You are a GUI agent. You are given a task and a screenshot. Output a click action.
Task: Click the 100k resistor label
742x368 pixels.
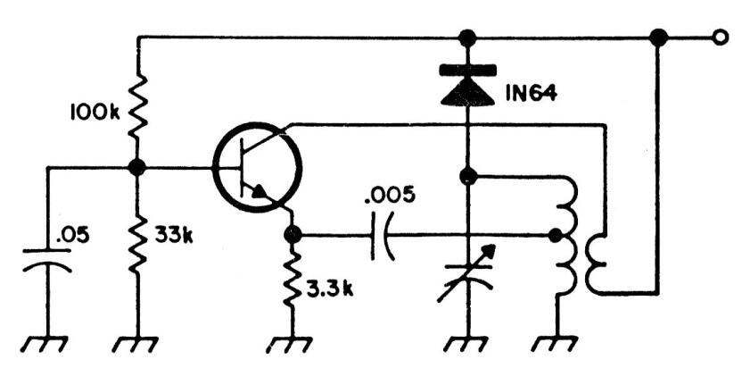point(95,112)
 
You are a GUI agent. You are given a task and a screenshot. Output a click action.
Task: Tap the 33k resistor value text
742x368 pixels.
point(174,236)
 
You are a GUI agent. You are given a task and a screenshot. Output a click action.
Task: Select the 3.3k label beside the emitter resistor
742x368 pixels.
point(330,289)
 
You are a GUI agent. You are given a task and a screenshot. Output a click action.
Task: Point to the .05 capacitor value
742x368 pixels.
point(72,236)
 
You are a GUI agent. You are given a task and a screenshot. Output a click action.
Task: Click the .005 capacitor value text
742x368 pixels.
point(390,195)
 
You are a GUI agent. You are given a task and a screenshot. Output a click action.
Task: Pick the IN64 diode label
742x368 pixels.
point(531,93)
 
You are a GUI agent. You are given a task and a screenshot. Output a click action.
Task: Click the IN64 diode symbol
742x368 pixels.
point(467,85)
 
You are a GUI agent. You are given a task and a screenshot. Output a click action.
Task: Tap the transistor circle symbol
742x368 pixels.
point(258,167)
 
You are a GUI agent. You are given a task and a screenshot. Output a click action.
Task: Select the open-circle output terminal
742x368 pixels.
point(720,38)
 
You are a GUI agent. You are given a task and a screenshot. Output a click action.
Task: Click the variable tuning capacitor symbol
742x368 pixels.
point(467,273)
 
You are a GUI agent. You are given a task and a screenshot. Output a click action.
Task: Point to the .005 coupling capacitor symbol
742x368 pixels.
point(382,235)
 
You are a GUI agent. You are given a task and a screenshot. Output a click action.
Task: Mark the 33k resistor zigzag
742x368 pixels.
point(137,243)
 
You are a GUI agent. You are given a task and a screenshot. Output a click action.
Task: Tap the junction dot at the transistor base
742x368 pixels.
point(137,167)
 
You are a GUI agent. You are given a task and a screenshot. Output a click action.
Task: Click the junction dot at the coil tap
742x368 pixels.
point(555,235)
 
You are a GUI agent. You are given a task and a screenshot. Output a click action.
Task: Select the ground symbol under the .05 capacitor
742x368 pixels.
point(46,345)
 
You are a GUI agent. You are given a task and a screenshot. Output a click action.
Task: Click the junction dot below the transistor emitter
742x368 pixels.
point(293,235)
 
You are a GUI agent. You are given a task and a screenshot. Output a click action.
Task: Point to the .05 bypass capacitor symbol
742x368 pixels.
point(47,260)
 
